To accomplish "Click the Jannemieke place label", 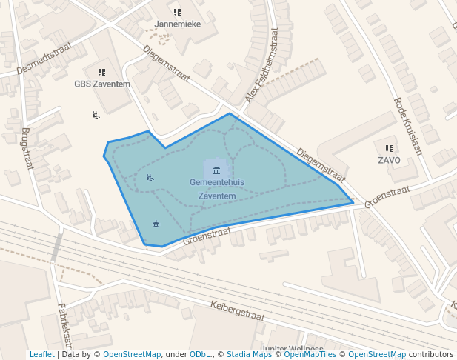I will (x=177, y=24).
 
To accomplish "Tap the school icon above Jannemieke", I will (x=177, y=12).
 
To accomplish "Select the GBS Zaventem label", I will (x=102, y=84).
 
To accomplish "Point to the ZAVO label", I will (x=389, y=160).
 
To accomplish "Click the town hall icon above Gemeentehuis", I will (x=216, y=171).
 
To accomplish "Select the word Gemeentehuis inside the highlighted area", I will (x=217, y=182).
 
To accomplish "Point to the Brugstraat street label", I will (x=27, y=148).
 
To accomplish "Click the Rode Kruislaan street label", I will (x=407, y=126).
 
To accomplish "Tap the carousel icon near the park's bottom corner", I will (x=156, y=223).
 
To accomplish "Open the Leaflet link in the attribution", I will (x=41, y=355).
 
